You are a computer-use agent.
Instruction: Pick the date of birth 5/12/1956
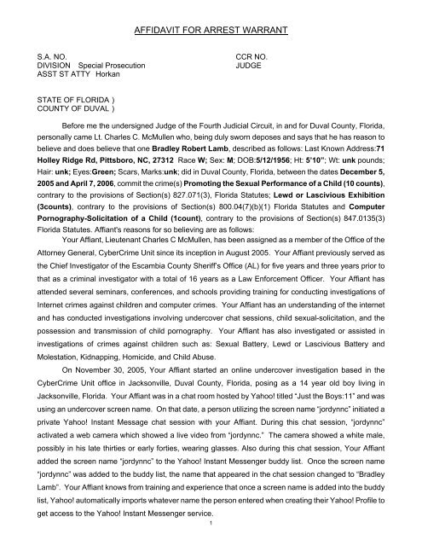(225, 179)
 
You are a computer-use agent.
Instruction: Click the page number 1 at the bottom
(211, 535)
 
